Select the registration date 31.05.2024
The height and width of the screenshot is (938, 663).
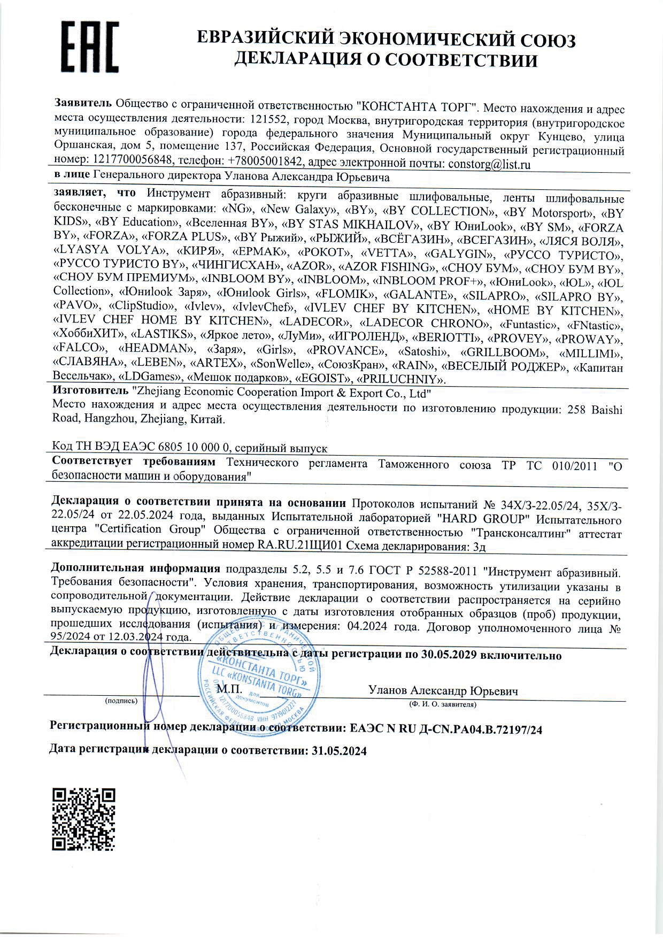(x=338, y=750)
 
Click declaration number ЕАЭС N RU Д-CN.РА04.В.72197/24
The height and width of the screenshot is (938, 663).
(x=446, y=729)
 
